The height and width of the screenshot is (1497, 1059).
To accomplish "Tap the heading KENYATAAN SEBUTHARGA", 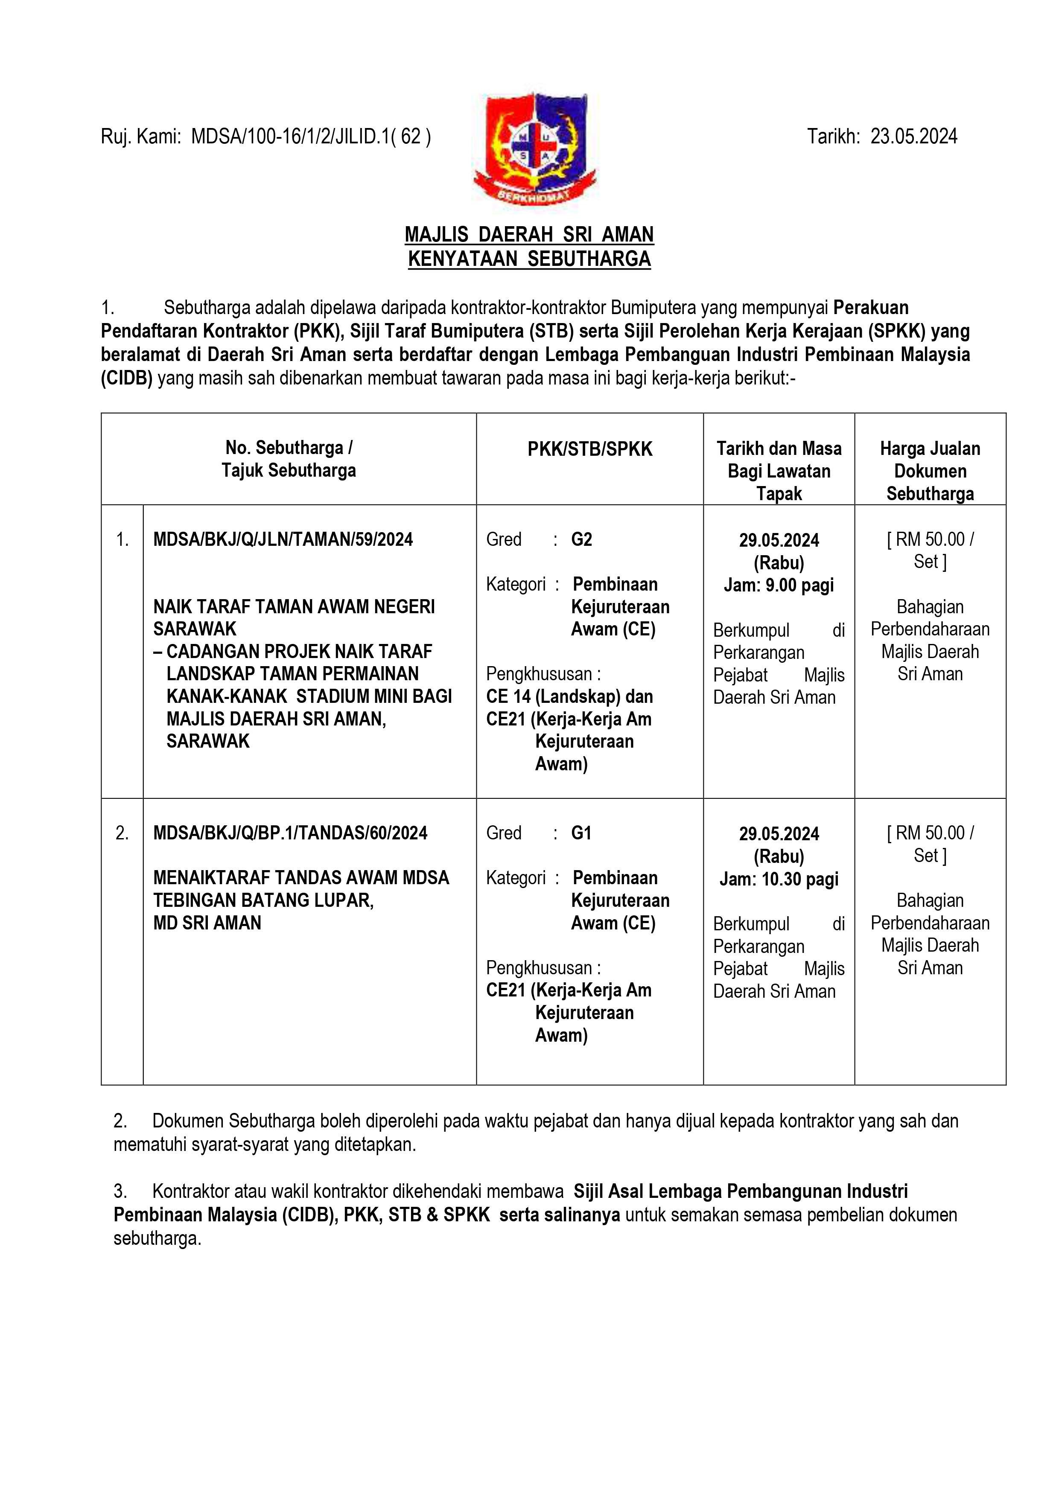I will tap(529, 259).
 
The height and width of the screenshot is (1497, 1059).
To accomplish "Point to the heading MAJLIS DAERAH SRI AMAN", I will tap(529, 234).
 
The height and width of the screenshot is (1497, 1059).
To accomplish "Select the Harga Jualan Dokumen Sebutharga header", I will tap(930, 471).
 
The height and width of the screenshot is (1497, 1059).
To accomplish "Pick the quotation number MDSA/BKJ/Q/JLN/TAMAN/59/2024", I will tap(283, 540).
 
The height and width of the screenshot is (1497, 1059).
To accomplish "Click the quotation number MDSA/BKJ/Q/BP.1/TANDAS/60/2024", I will tap(290, 833).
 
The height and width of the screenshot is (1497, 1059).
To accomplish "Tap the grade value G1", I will tap(581, 833).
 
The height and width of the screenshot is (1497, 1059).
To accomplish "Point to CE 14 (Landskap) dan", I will tap(569, 697).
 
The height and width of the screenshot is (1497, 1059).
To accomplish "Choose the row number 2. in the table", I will tap(122, 833).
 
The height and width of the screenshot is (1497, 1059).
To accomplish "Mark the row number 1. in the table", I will tap(122, 540).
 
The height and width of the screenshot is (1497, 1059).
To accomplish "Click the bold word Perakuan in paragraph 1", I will tap(871, 307).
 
